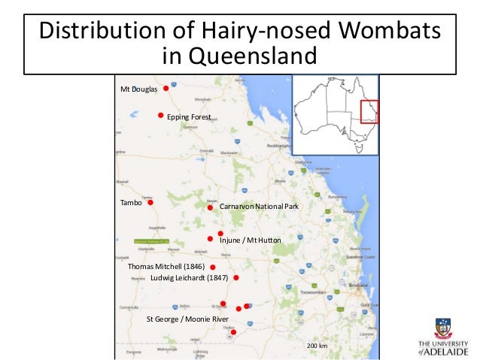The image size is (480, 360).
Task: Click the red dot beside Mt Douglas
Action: (166, 89)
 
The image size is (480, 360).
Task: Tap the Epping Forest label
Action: (189, 116)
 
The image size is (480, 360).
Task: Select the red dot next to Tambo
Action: (150, 202)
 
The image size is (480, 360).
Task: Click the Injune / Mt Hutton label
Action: (250, 240)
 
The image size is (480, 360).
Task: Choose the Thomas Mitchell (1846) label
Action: (166, 267)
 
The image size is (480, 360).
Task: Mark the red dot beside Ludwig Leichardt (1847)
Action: (236, 277)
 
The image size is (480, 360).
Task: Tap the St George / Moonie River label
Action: (187, 319)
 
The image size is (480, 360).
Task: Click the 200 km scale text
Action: (317, 345)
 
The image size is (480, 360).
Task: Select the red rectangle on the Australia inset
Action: (369, 111)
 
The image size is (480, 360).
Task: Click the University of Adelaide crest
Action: (444, 328)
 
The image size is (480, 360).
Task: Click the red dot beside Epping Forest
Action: (160, 115)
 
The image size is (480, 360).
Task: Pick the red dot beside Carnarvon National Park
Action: (211, 207)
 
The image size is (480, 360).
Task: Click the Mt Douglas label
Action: (139, 89)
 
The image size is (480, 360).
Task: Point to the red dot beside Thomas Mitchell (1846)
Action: (213, 267)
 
